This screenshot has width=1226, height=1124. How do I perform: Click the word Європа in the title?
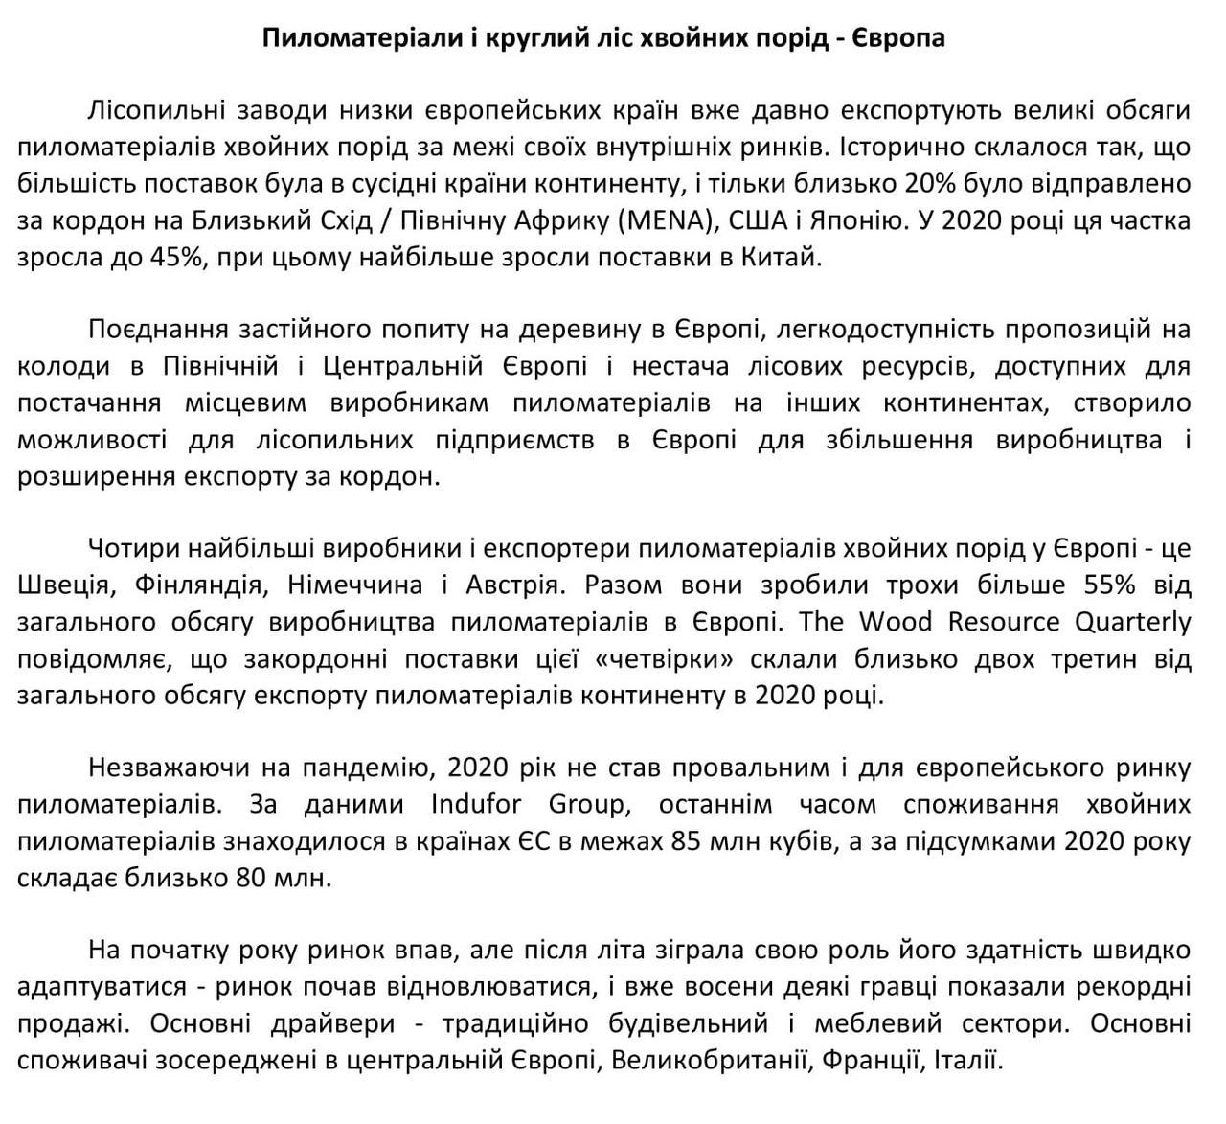coord(897,37)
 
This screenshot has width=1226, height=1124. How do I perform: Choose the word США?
coord(758,220)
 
